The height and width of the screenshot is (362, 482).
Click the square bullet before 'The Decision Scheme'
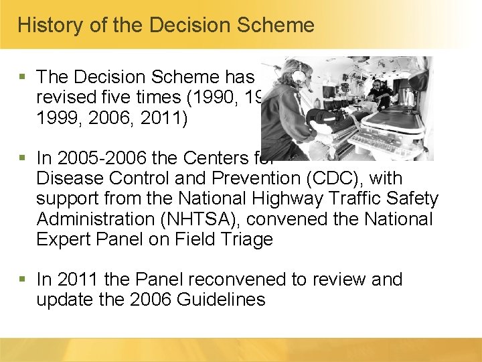24,76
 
